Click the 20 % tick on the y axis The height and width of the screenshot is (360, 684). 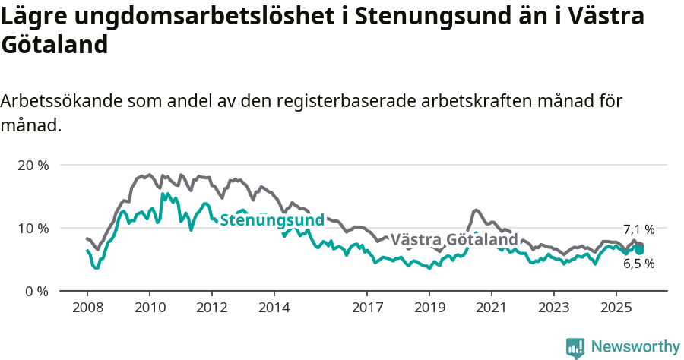tap(33, 165)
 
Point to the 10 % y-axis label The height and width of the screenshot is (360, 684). tap(33, 228)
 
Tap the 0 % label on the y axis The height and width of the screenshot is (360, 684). tap(37, 291)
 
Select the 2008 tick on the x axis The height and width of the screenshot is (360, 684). tap(87, 308)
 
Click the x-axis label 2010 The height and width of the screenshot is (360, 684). tap(149, 308)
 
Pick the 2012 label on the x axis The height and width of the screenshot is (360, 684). tap(211, 308)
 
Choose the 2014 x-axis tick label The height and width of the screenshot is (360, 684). tap(274, 308)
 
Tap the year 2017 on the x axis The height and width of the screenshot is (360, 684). tap(367, 308)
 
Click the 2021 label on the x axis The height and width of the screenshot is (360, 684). tap(491, 308)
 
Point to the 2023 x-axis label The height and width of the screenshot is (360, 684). tap(553, 308)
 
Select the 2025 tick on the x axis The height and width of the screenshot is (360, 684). tap(616, 308)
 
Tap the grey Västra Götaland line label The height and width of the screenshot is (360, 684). tap(454, 240)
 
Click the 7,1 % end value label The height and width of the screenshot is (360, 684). tap(638, 229)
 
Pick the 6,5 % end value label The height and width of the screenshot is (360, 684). tap(638, 264)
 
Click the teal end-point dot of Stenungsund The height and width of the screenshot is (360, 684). tap(640, 250)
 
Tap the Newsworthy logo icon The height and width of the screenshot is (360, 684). tap(575, 347)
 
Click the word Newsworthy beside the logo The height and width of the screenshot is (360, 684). tap(635, 347)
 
